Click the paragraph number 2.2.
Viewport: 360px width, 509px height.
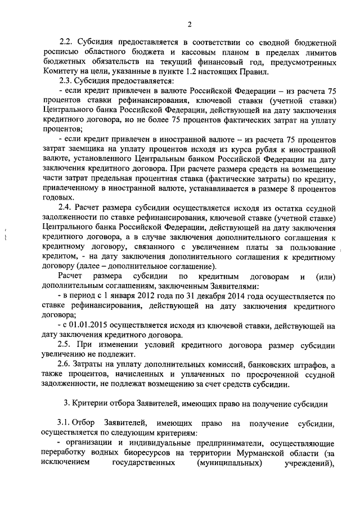tap(69, 43)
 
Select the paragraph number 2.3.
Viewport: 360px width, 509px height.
tap(69, 81)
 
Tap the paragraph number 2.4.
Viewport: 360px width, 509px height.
tap(69, 208)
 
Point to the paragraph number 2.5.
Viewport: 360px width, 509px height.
tap(69, 345)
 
